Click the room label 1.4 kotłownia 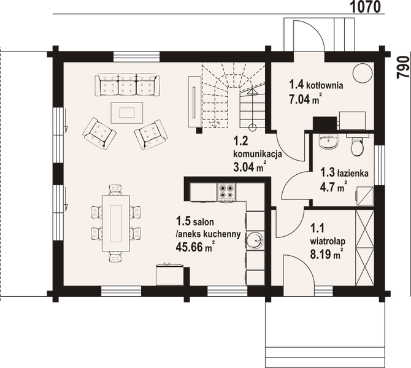coord(316,85)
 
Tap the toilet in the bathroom coord(355,147)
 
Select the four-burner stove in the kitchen coord(225,193)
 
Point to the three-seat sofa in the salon coord(127,83)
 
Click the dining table coord(115,220)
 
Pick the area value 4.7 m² coord(337,186)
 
